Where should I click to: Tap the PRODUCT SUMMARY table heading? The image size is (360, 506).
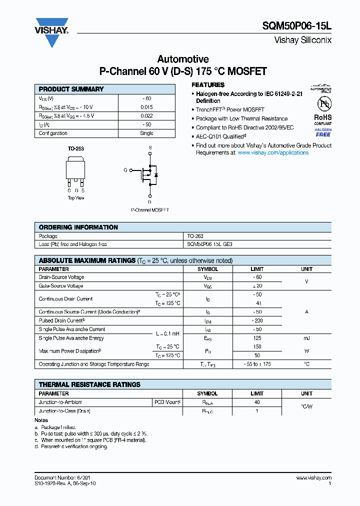[71, 89]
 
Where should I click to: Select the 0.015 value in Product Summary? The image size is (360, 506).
[146, 107]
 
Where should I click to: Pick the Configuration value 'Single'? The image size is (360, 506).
[146, 133]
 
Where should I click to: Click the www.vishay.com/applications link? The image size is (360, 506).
[273, 152]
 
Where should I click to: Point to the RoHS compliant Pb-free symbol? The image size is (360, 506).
[322, 105]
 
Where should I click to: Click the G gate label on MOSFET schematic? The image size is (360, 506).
[125, 170]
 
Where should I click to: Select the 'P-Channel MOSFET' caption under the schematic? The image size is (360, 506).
[149, 210]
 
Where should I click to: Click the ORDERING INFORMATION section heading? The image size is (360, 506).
[78, 227]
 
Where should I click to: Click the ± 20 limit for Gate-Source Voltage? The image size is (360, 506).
[257, 286]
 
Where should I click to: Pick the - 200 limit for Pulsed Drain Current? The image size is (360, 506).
[257, 320]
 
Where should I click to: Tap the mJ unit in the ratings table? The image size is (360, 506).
[306, 338]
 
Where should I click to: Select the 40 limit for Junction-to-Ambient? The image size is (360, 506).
[257, 402]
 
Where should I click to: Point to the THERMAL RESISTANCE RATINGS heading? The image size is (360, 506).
[89, 384]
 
